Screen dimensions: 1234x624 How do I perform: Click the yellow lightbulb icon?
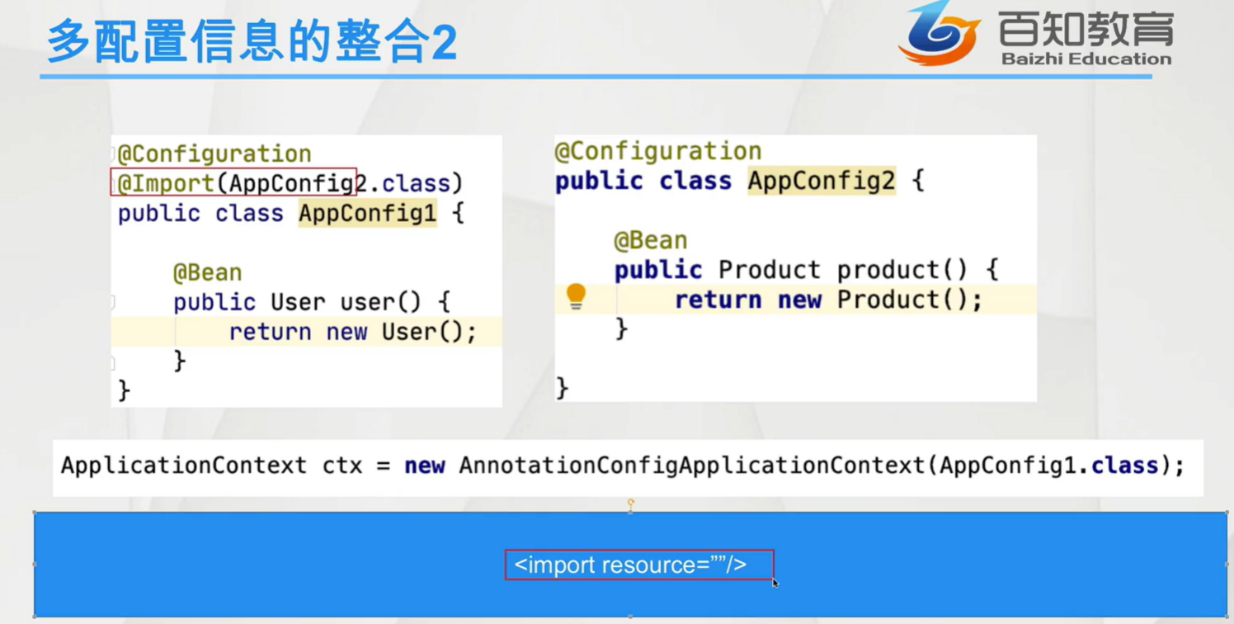coord(576,296)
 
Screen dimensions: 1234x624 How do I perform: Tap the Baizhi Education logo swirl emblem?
coord(939,33)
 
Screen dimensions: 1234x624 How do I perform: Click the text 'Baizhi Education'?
coord(1086,59)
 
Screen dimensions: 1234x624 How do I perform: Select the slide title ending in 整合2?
coord(252,40)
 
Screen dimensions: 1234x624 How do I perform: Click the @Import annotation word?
coord(166,183)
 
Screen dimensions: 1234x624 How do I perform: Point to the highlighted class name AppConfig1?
coord(367,213)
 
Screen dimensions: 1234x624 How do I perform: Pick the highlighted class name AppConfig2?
coord(822,181)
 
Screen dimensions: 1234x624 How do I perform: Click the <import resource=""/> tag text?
coord(630,565)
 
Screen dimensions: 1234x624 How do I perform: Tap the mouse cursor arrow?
coord(775,584)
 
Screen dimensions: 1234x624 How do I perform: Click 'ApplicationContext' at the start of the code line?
coord(184,466)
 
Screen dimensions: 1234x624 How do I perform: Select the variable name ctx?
coord(342,466)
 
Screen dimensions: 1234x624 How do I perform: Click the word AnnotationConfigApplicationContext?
coord(692,466)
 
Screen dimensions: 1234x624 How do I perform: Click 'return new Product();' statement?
coord(828,300)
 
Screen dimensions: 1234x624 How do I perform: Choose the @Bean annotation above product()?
coord(651,241)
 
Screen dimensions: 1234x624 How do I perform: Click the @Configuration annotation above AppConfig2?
coord(658,152)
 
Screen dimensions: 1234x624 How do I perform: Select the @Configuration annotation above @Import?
coord(214,154)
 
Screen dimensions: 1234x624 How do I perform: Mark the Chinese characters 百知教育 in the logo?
coord(1086,28)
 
